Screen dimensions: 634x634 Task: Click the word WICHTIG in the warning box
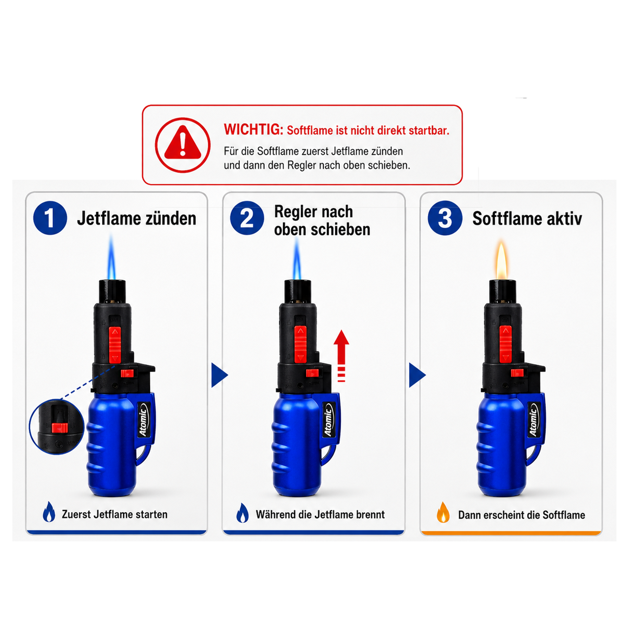(x=253, y=130)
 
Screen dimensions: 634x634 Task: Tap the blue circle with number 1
(x=50, y=218)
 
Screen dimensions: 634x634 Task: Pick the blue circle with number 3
(x=445, y=218)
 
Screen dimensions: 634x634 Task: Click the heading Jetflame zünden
(x=137, y=218)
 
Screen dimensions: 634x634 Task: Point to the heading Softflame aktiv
(x=527, y=218)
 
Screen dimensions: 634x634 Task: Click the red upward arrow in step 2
(x=341, y=356)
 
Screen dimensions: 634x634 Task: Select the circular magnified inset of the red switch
(x=57, y=427)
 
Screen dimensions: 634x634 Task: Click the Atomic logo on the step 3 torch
(x=533, y=421)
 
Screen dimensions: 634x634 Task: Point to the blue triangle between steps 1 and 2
(x=219, y=375)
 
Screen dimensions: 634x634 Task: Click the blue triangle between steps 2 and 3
(x=417, y=375)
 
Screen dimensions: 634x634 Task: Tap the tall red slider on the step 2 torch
(x=300, y=344)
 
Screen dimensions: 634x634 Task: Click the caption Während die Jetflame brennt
(x=320, y=514)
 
